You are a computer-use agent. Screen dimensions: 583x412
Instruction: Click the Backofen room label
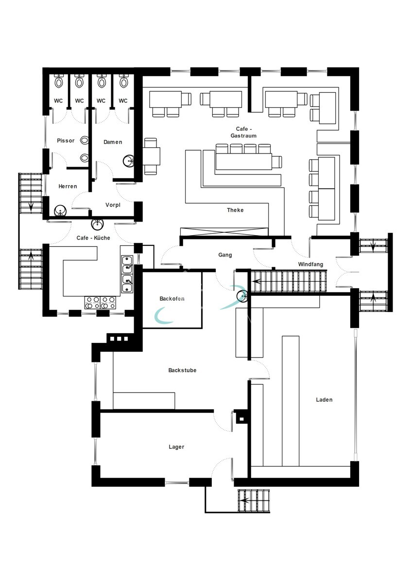[x=172, y=299]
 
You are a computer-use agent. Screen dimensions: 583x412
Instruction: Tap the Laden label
[x=324, y=400]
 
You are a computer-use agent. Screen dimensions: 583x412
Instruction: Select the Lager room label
[x=176, y=447]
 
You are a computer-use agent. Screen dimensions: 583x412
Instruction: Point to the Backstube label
[x=182, y=370]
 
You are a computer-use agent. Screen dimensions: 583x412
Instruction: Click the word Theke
[x=235, y=210]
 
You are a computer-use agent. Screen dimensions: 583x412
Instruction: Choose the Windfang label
[x=311, y=264]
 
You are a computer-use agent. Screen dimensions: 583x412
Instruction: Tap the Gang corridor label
[x=225, y=255]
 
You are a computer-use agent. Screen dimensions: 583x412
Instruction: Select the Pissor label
[x=66, y=141]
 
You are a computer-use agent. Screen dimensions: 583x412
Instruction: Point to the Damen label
[x=113, y=142]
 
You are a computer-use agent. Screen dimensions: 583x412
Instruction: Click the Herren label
[x=68, y=187]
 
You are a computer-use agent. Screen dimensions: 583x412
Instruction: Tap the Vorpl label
[x=113, y=205]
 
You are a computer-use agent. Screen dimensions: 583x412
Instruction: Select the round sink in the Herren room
[x=60, y=211]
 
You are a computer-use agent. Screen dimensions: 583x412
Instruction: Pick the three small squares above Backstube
[x=119, y=339]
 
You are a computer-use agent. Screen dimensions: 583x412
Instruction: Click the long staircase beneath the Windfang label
[x=289, y=281]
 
